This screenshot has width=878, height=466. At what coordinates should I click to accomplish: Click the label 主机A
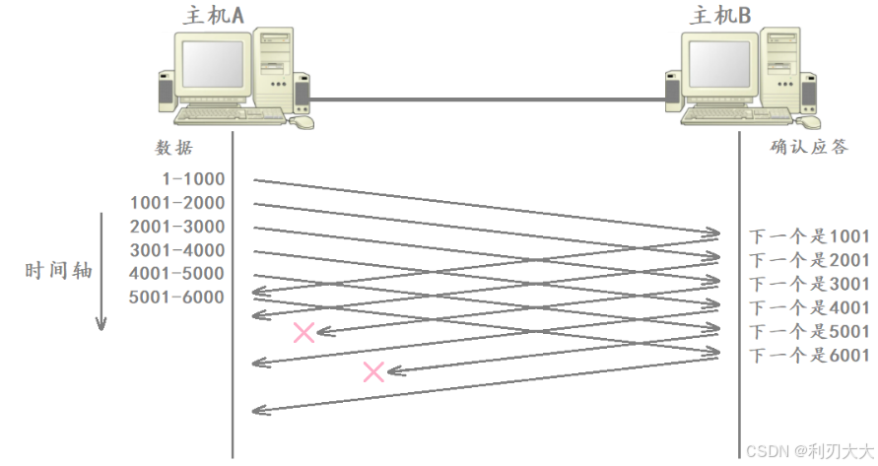pos(216,15)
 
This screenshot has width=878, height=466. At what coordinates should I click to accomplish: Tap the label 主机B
pos(722,15)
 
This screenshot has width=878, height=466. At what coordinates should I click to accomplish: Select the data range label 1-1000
pos(193,179)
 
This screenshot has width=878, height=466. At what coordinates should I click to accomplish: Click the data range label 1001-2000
pos(177,203)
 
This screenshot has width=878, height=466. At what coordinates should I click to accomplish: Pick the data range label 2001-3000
pos(177,227)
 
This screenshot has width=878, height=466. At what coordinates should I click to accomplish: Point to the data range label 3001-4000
pos(177,250)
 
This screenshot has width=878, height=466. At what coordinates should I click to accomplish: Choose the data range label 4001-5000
pos(177,274)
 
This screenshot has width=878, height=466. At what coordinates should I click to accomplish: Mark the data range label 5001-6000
pos(177,298)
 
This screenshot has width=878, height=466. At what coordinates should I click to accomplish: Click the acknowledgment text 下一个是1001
pos(810,236)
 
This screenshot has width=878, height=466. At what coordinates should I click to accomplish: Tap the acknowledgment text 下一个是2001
pos(810,260)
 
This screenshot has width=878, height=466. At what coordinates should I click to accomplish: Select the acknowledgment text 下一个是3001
pos(810,284)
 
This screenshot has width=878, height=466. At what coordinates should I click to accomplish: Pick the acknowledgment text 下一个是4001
pos(810,307)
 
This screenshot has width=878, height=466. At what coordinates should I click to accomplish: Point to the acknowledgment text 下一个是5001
pos(810,332)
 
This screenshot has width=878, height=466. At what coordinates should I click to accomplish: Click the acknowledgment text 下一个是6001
pos(810,356)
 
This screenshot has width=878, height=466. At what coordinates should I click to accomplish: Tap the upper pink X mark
pos(304,332)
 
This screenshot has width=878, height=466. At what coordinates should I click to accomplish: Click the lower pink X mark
pos(373,371)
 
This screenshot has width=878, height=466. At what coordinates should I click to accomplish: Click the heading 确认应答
pos(810,148)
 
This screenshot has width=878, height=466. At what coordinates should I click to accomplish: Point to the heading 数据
pos(173,148)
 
